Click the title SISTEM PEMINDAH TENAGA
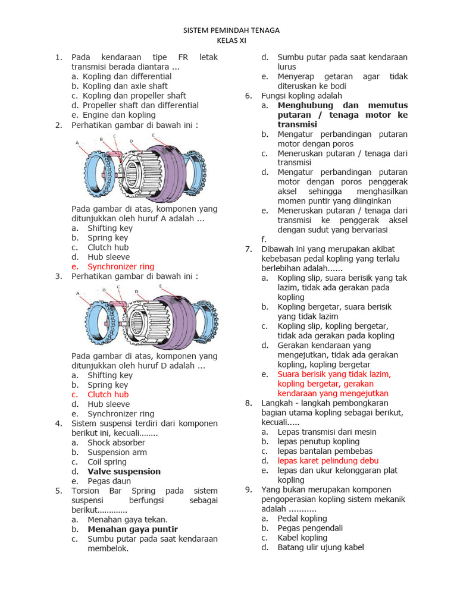[231, 30]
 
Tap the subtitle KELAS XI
[231, 40]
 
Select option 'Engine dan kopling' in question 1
[119, 115]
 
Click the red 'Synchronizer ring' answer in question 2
[121, 266]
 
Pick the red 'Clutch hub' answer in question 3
[108, 394]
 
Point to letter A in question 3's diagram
[77, 293]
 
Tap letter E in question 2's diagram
[153, 135]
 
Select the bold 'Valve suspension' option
[124, 472]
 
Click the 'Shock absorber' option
[116, 442]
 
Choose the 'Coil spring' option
[107, 462]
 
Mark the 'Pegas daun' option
[109, 481]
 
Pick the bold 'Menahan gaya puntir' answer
[133, 529]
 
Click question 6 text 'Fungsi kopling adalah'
[302, 96]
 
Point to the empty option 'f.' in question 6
[265, 239]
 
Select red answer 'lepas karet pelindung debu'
[328, 461]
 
